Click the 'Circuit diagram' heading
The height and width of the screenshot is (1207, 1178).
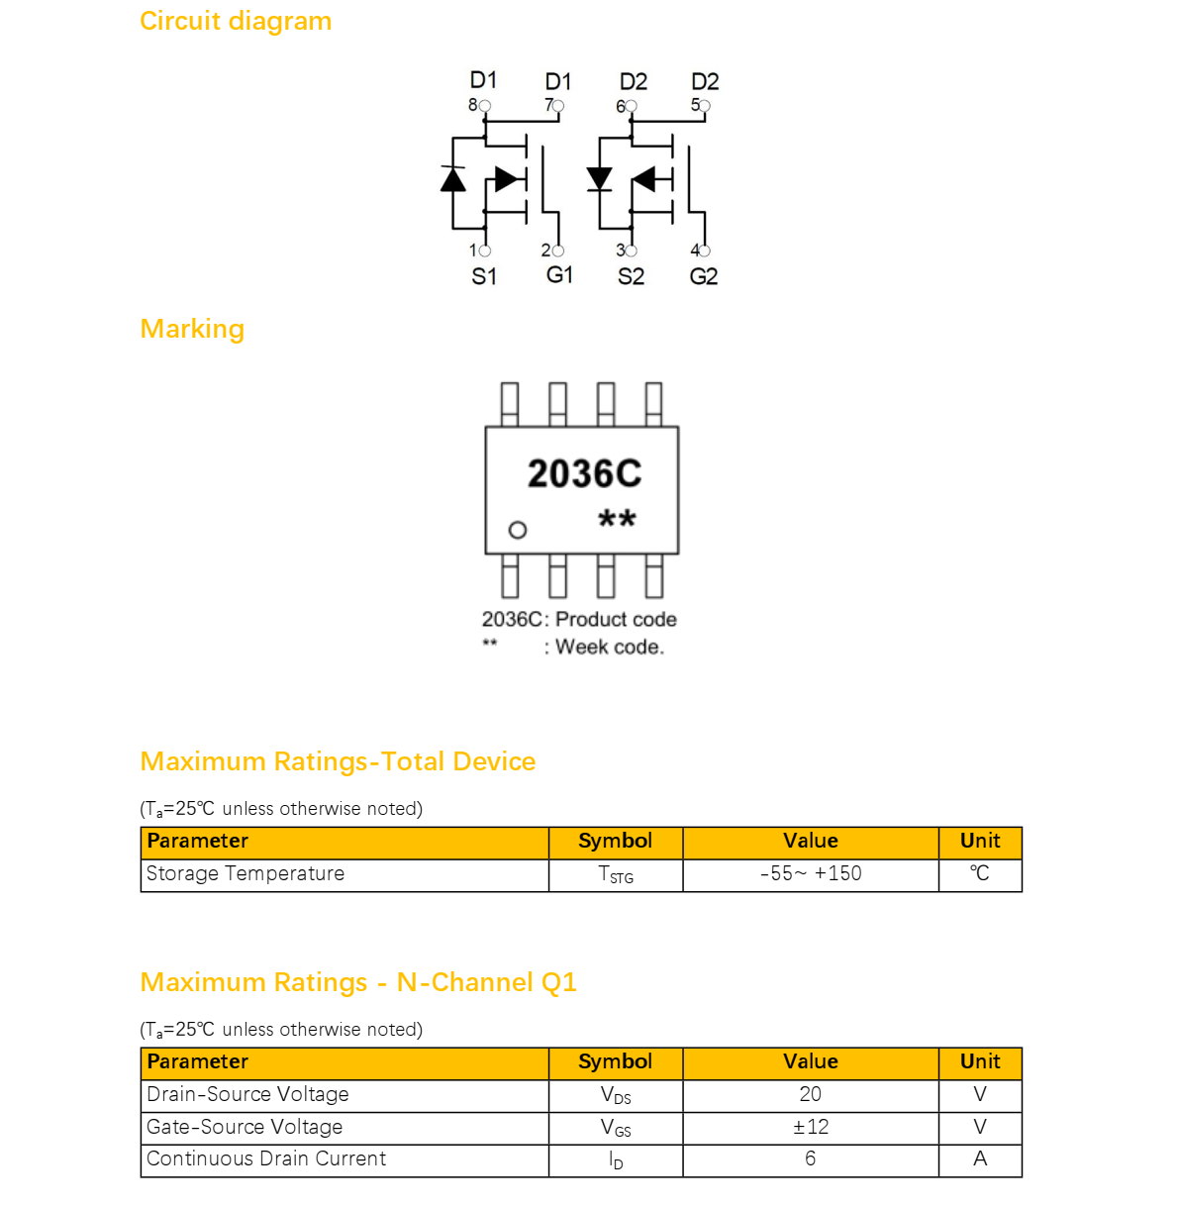(x=236, y=21)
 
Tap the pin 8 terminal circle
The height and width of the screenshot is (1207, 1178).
(x=485, y=106)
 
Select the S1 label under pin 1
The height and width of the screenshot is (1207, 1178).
(x=484, y=276)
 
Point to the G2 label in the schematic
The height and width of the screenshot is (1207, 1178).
(x=704, y=276)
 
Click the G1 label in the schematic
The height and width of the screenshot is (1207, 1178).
(x=559, y=274)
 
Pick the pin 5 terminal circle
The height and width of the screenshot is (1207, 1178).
(x=705, y=106)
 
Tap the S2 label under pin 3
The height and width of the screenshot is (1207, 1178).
(x=632, y=276)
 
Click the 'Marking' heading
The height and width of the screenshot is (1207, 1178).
(x=192, y=329)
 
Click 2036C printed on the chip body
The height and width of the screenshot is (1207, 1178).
(x=585, y=473)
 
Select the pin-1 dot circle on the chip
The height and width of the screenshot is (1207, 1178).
(x=517, y=530)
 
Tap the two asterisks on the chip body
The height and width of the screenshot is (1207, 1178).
(x=617, y=518)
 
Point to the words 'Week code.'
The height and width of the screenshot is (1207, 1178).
(x=610, y=647)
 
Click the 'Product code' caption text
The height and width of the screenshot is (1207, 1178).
(x=616, y=619)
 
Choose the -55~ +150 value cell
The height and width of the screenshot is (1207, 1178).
(x=811, y=873)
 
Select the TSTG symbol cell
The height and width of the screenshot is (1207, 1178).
(x=616, y=874)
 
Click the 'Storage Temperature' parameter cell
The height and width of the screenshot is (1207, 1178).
(x=344, y=873)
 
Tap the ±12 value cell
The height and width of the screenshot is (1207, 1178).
(x=811, y=1127)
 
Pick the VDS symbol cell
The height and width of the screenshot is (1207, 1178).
(x=616, y=1095)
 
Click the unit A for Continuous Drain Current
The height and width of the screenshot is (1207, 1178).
(x=980, y=1158)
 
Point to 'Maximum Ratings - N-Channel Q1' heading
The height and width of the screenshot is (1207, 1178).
(x=358, y=982)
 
